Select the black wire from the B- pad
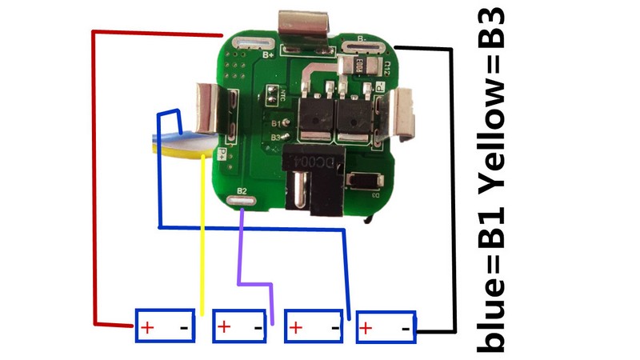452,192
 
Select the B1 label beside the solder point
276,124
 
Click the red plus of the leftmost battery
147,327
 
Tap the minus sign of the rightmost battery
406,327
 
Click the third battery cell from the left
314,326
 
